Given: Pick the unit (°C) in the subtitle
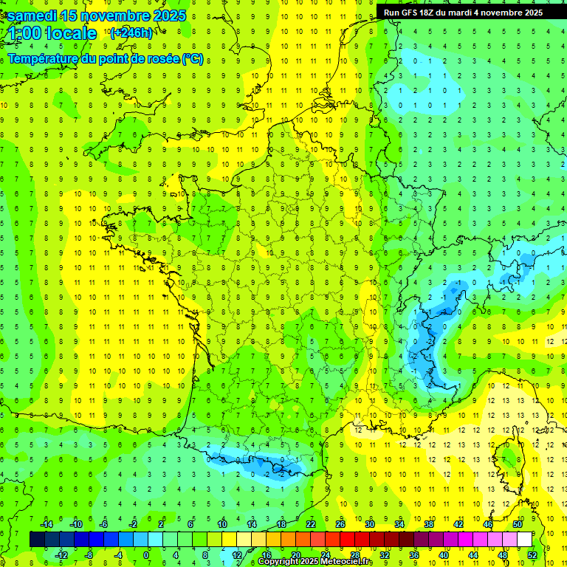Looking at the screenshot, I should (193, 58).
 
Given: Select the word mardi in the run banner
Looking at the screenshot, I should (472, 13).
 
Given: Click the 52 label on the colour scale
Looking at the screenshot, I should (532, 555).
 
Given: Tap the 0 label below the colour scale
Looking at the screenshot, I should (147, 555).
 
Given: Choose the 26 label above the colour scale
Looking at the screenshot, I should (340, 523).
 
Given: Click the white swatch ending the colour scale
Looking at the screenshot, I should (524, 540).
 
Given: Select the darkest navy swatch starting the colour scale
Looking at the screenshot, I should (37, 540).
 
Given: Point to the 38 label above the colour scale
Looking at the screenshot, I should (429, 523).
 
